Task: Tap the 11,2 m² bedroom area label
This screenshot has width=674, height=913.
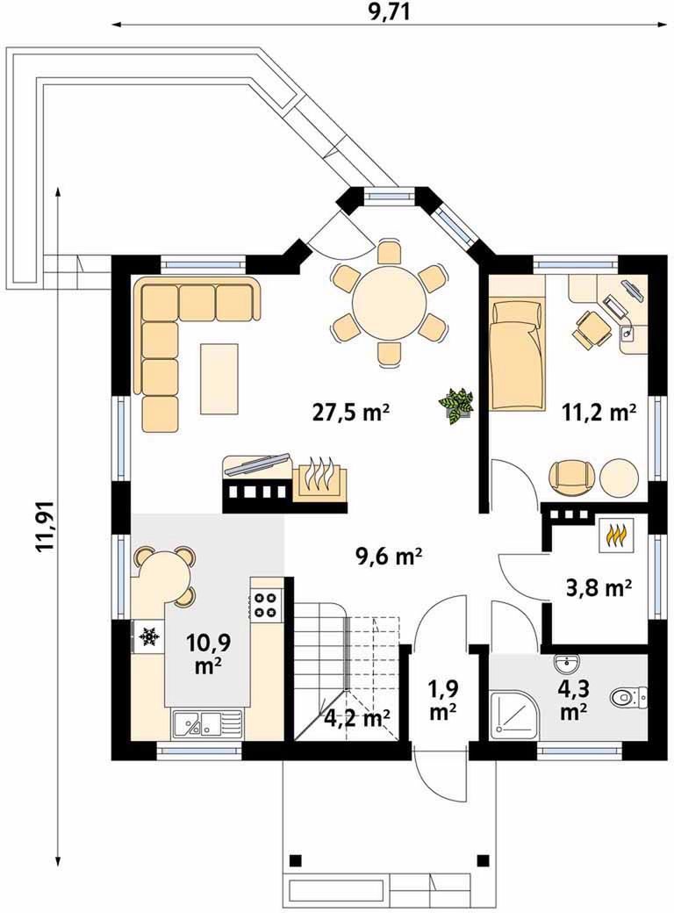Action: (599, 413)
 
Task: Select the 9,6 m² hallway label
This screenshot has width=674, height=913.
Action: (388, 556)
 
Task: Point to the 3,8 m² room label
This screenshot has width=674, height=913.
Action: (599, 589)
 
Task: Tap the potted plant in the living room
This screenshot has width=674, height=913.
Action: (457, 404)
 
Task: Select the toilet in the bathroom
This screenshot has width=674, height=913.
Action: (628, 696)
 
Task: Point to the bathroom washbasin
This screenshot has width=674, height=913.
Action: (566, 663)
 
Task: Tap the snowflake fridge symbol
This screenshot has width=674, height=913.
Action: (150, 636)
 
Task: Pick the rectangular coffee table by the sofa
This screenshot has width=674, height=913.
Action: (219, 378)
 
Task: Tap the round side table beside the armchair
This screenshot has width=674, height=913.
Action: (619, 478)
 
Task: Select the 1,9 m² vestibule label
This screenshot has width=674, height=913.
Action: (442, 700)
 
